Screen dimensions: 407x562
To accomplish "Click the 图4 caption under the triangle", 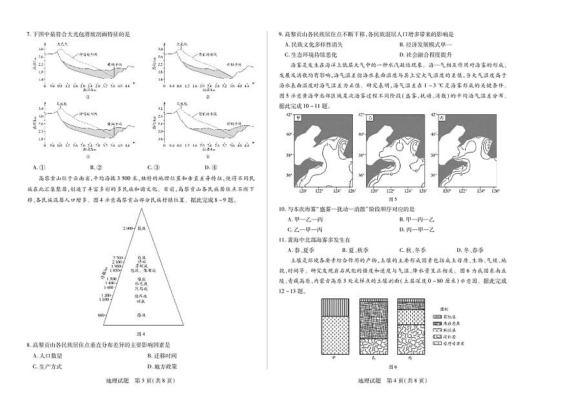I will tap(141, 333).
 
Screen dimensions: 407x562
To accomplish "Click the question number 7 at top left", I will tap(28, 34).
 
